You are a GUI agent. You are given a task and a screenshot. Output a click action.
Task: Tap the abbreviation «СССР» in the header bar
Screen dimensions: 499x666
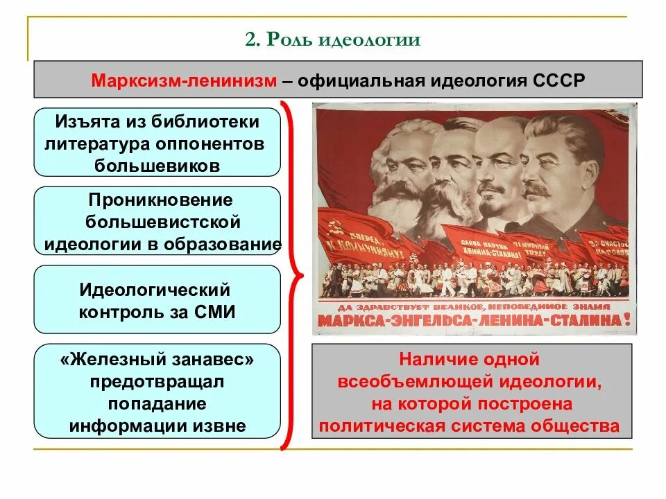pos(559,80)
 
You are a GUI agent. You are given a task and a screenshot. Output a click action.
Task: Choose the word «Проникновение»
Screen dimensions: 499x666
pos(160,200)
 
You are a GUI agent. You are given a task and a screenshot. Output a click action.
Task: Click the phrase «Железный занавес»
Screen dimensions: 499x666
pos(157,359)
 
